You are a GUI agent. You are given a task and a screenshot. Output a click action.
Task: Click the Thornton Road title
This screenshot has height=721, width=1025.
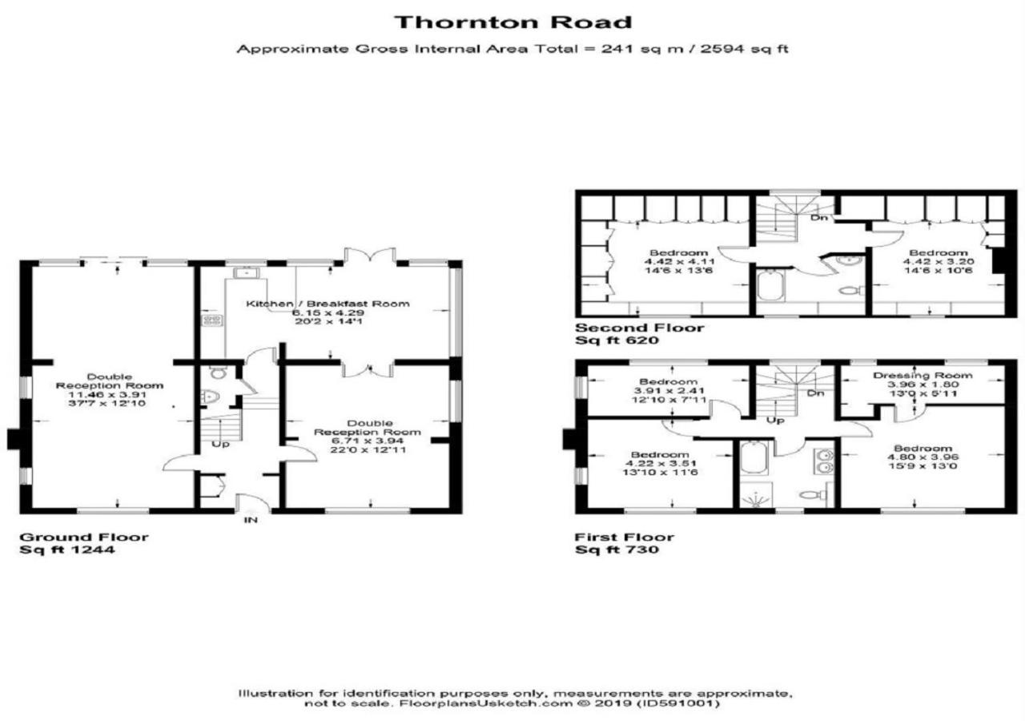(x=513, y=22)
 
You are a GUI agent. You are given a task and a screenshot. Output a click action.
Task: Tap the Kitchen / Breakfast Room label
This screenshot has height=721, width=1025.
(x=328, y=304)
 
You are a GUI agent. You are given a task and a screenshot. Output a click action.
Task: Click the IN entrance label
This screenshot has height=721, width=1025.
(x=251, y=520)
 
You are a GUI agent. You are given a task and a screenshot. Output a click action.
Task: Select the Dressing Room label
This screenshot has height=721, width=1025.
(x=923, y=376)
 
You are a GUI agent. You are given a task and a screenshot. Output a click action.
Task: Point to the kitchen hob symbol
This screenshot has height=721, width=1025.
(x=212, y=320)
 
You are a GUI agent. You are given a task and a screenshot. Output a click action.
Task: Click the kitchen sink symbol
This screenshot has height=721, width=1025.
(x=246, y=273)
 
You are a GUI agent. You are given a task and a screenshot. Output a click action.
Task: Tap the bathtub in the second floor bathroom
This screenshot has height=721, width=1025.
(x=771, y=285)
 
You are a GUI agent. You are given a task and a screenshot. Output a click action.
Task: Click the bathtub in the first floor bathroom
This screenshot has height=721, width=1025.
(x=754, y=457)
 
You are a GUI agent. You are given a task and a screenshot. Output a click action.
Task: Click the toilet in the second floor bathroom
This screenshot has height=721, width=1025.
(x=851, y=291)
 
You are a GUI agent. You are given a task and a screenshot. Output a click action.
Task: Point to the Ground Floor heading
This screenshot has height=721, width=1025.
(x=84, y=537)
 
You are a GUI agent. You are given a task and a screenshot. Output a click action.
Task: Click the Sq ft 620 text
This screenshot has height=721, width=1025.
(x=617, y=340)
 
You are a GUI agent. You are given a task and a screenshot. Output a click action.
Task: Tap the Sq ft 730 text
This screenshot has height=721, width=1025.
(x=617, y=550)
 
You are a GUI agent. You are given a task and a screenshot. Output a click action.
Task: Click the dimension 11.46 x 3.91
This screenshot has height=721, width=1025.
(x=107, y=395)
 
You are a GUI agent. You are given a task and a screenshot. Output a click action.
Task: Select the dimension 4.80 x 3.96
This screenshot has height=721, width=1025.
(x=923, y=457)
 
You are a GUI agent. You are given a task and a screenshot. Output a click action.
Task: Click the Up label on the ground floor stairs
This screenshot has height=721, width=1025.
(x=220, y=445)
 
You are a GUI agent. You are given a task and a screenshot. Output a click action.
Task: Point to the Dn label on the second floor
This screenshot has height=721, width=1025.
(x=818, y=217)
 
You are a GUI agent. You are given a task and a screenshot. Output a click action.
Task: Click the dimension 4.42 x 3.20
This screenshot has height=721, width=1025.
(x=939, y=262)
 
